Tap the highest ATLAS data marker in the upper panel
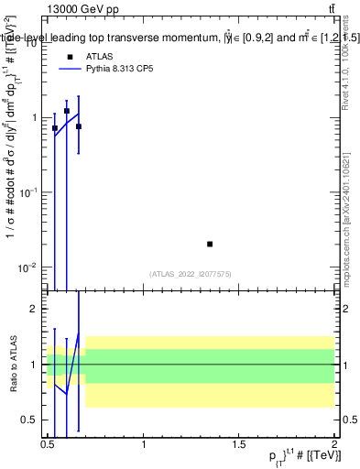[x=67, y=111]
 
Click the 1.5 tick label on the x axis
[x=238, y=444]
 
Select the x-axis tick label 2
[x=333, y=444]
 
